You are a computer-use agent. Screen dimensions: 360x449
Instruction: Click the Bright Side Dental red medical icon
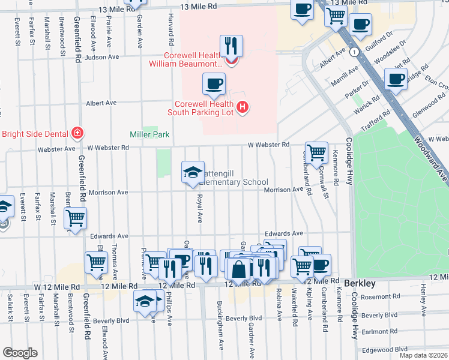(76, 133)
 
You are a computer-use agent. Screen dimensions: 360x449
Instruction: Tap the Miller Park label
(149, 134)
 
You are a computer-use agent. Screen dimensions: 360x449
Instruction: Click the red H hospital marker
(242, 107)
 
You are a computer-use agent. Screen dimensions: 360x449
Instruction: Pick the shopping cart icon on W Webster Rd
(316, 152)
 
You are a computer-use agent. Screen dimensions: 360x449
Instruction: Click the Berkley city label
(360, 282)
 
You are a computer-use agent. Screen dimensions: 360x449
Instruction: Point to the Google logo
(20, 353)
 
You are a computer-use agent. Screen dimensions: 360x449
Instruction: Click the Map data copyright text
(423, 355)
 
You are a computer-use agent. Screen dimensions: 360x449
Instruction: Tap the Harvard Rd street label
(171, 26)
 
